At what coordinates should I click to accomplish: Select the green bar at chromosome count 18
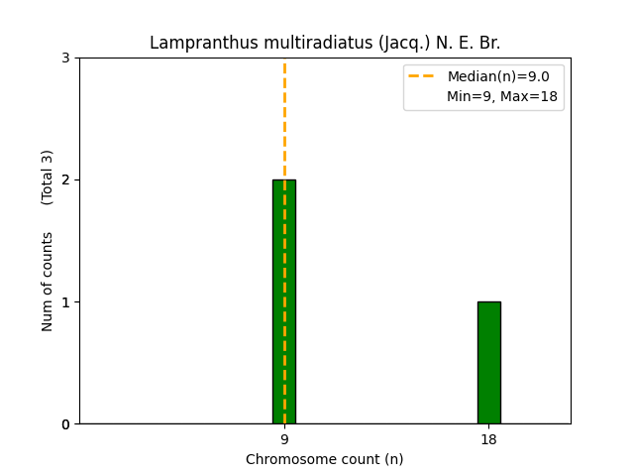point(488,362)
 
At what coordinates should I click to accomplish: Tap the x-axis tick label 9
point(284,439)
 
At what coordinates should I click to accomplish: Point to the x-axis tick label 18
point(488,439)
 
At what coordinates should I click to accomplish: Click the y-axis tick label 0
point(65,424)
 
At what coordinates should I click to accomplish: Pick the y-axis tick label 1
point(65,302)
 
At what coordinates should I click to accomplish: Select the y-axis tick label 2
point(65,179)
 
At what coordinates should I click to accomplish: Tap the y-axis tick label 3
point(65,58)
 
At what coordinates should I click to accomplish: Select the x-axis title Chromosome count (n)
point(325,459)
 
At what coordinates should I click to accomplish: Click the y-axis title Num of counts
point(48,282)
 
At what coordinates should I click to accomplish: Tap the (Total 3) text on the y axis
point(48,178)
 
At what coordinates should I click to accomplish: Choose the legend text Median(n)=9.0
point(504,76)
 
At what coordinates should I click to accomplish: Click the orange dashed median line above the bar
point(284,119)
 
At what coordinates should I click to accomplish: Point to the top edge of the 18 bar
point(488,302)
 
